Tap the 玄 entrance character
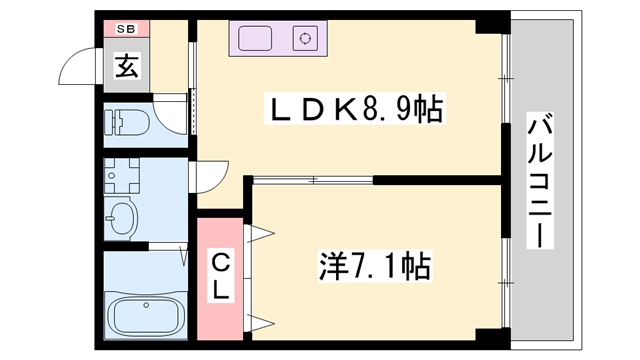point(127,67)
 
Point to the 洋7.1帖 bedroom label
point(376,266)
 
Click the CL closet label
point(220,275)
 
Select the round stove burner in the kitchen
point(304,40)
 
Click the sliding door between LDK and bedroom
point(312,180)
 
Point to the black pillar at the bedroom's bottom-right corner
point(486,337)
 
